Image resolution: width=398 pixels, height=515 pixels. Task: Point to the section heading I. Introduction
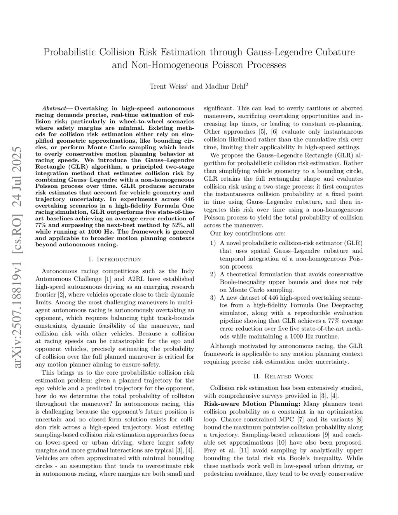[x=115, y=259]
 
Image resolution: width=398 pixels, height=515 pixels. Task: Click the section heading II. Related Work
[x=283, y=376]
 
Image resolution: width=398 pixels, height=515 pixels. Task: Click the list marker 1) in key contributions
[x=213, y=243]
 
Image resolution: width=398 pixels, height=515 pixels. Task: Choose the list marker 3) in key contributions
[x=213, y=298]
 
